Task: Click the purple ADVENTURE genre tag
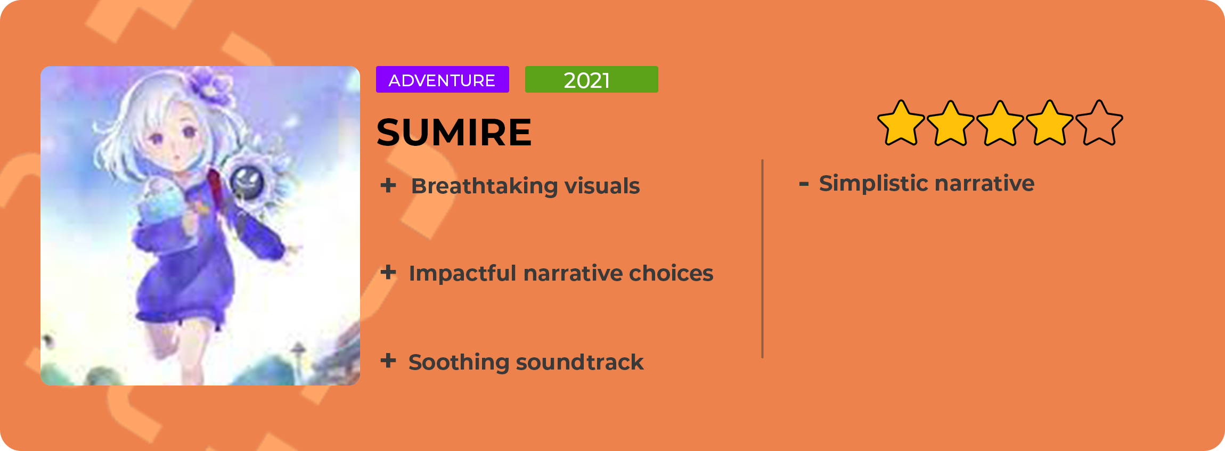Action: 442,79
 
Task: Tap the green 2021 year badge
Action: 591,79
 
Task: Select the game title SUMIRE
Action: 454,132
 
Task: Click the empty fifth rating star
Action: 1099,123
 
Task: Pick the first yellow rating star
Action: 901,123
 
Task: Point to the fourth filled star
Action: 1050,123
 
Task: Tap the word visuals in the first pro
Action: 602,186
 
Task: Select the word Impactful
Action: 462,274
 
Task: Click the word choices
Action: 671,273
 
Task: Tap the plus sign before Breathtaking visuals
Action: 388,185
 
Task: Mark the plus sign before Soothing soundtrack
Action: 388,360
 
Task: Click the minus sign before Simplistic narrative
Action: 804,184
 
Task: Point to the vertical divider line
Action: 763,259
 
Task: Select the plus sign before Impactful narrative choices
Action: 388,272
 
